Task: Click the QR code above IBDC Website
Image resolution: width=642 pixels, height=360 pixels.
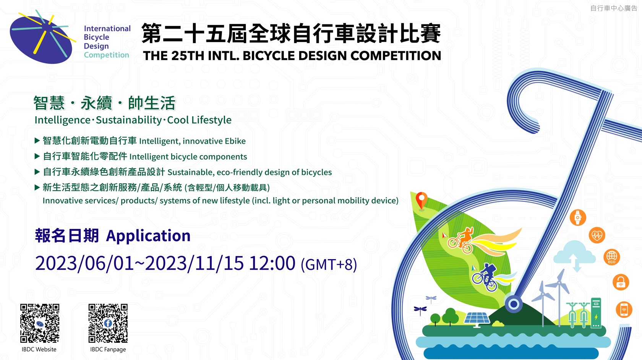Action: [40, 323]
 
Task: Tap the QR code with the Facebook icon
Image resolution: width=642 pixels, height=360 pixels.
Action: [108, 323]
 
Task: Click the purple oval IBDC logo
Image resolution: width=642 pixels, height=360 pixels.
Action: [41, 39]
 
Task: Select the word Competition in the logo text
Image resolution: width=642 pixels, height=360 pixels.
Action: [106, 55]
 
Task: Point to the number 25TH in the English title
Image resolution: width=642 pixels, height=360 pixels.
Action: [188, 56]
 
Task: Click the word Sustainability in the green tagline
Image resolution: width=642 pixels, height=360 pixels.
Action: [129, 120]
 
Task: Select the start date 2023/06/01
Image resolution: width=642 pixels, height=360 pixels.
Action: [84, 263]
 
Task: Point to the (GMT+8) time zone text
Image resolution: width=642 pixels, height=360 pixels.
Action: [329, 264]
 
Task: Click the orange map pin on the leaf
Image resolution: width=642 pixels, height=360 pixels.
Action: [421, 200]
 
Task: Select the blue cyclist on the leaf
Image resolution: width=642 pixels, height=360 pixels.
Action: [485, 277]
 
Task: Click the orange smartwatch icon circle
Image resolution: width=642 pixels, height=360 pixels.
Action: [578, 217]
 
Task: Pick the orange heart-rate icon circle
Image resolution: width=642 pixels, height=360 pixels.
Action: [597, 235]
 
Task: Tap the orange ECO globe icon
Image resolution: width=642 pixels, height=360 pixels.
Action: [611, 257]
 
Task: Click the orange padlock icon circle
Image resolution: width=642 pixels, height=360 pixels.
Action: [621, 282]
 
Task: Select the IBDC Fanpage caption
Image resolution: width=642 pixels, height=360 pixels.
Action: [108, 349]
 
